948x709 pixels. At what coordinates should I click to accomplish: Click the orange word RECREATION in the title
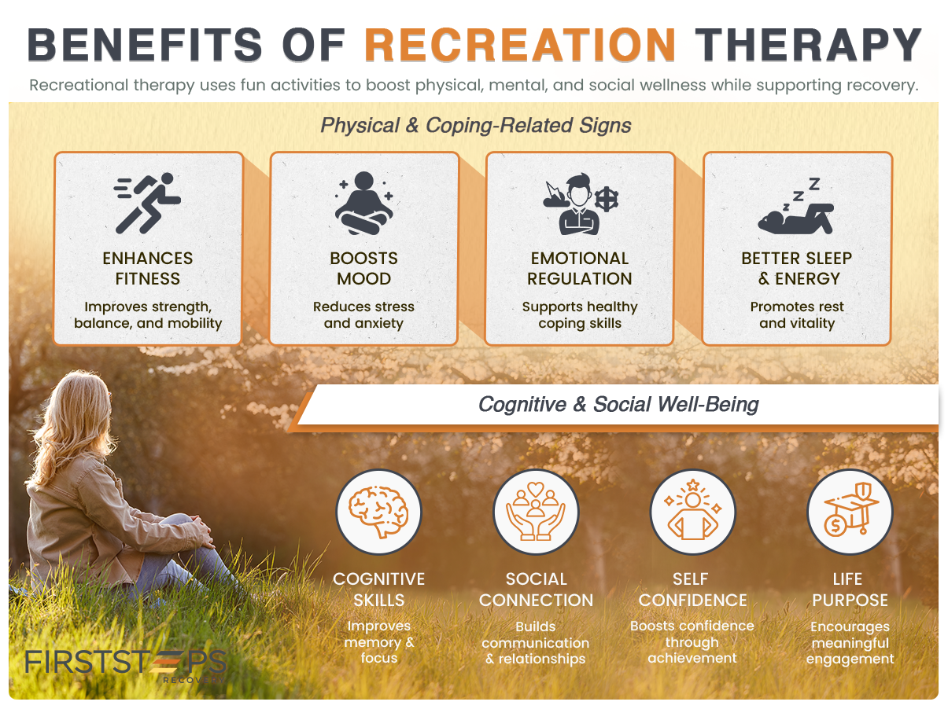[520, 45]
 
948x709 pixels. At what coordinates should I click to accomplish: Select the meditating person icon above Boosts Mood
[363, 203]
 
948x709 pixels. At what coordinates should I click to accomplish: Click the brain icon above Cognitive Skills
[379, 511]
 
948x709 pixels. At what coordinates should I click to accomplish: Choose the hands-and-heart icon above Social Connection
[536, 511]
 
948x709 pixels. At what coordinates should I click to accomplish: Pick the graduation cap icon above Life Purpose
[850, 511]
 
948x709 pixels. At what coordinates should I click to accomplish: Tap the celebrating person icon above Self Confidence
[692, 511]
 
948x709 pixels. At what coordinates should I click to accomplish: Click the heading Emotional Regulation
[580, 268]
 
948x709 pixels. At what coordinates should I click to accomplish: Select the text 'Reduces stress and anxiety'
[363, 314]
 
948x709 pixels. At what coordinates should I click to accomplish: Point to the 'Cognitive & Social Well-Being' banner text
[618, 405]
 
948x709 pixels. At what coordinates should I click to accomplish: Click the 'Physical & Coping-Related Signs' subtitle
[475, 125]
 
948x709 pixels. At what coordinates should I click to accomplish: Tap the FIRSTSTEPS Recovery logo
[126, 663]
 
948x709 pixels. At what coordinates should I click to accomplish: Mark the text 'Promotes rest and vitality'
[797, 314]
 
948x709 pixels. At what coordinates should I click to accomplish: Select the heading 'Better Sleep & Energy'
[796, 268]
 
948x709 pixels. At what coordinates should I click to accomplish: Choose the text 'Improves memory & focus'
[379, 641]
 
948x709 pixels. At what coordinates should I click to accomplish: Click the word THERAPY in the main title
[810, 45]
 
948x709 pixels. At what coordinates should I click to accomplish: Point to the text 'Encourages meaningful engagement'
[850, 642]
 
